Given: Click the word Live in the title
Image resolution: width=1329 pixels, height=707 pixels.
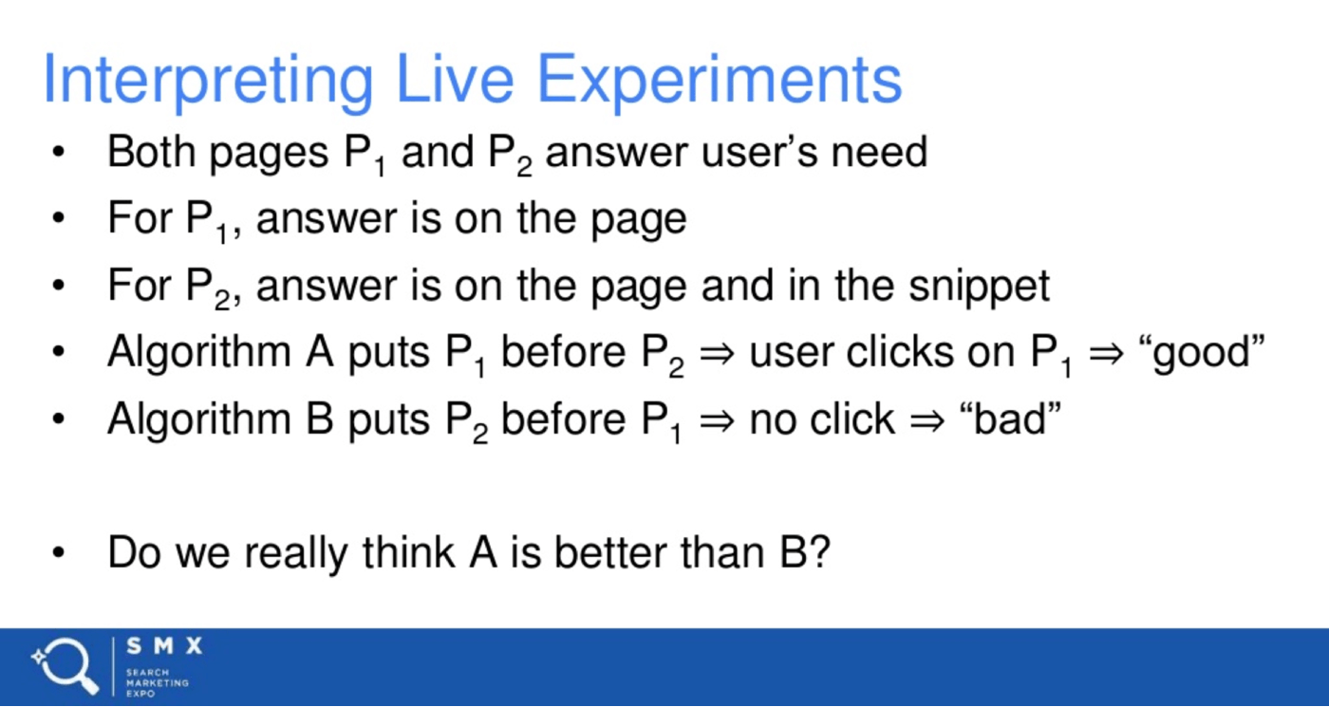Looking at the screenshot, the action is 455,80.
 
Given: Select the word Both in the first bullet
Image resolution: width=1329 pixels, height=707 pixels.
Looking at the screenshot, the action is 152,152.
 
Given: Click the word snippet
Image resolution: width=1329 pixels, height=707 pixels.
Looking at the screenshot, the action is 980,287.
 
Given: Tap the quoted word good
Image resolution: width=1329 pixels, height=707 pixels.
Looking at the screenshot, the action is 1202,353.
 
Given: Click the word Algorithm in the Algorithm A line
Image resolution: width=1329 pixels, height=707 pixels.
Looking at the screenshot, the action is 199,353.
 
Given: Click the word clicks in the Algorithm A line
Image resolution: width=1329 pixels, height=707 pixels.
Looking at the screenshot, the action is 899,352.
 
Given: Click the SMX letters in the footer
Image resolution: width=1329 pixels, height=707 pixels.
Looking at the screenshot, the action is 164,646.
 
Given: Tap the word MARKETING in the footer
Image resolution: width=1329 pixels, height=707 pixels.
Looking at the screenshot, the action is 158,682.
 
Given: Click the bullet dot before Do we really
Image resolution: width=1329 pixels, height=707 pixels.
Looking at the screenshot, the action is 58,552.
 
